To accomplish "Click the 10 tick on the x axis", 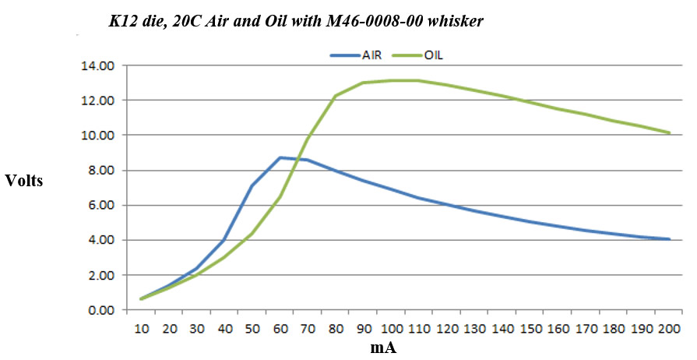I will pos(142,329).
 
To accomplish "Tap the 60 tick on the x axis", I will pos(280,329).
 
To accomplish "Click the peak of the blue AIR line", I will pos(280,157).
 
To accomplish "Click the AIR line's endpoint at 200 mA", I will pos(669,239).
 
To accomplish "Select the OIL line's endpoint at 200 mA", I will pos(669,132).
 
